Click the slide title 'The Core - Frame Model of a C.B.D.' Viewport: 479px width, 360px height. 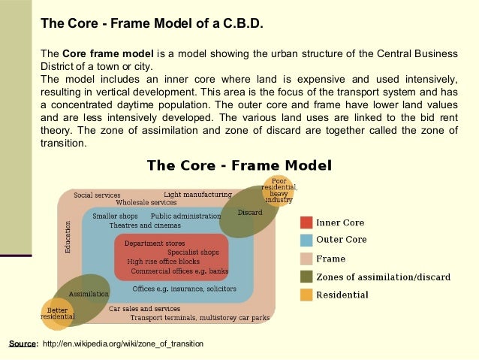tap(152, 23)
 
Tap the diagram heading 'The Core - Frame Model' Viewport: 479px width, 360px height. tap(239, 165)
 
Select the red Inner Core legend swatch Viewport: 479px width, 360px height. tap(306, 222)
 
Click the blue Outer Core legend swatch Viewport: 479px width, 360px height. tap(306, 241)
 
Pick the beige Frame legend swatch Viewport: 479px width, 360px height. tap(306, 259)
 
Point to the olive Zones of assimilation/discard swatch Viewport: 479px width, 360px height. tap(306, 277)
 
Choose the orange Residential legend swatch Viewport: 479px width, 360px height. tap(306, 295)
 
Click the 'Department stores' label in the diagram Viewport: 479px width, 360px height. tap(155, 244)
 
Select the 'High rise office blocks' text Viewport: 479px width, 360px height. tap(169, 262)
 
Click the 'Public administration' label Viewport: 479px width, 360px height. tap(185, 216)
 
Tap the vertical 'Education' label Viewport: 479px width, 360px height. tap(68, 236)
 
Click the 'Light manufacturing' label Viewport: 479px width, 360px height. tap(197, 195)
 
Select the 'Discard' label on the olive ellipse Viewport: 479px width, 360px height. tap(250, 213)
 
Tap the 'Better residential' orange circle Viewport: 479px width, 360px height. tap(57, 314)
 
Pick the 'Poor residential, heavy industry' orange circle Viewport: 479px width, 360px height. tap(279, 191)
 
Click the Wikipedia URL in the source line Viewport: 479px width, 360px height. tap(123, 343)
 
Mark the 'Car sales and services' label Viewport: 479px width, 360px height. tap(145, 308)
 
